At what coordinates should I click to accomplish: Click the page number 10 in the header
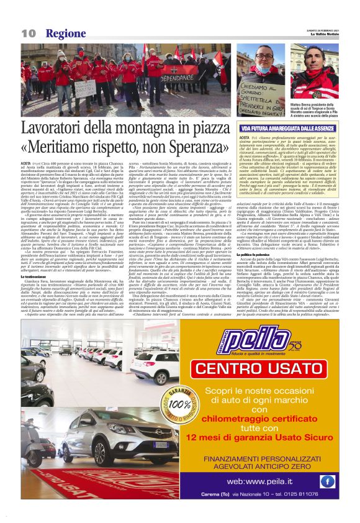28,33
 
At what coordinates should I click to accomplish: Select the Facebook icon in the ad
327,481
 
